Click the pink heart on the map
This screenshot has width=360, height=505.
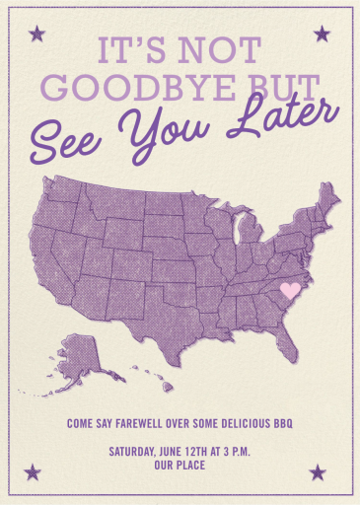point(290,290)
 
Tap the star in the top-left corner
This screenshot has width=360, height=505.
point(37,35)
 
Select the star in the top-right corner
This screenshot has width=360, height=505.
point(321,35)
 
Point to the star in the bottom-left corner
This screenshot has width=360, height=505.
point(35,471)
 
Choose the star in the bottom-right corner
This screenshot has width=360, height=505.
point(319,471)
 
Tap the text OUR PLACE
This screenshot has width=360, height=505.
point(180,466)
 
